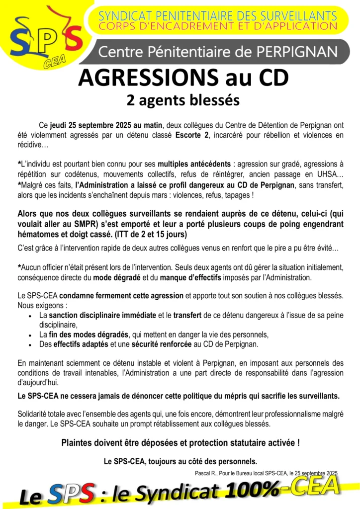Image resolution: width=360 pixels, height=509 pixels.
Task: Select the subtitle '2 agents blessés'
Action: pyautogui.click(x=182, y=100)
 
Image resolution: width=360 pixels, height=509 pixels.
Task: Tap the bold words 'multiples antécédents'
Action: pyautogui.click(x=194, y=164)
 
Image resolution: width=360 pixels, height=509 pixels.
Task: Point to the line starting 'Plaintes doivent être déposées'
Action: pyautogui.click(x=180, y=442)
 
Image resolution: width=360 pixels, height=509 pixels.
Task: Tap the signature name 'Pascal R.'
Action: pyautogui.click(x=205, y=472)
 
